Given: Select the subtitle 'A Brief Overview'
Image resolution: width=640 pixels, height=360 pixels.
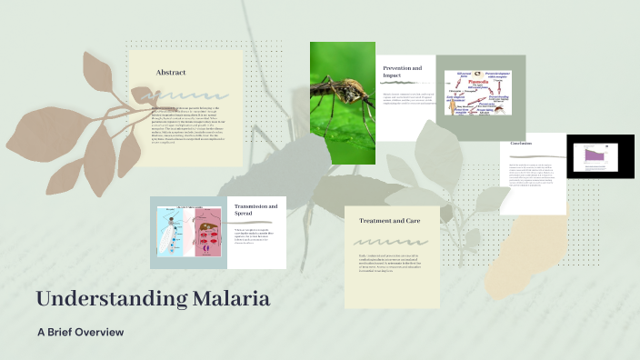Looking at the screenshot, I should tap(80, 332).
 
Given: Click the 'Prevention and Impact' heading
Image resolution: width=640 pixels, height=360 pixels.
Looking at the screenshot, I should tap(403, 73).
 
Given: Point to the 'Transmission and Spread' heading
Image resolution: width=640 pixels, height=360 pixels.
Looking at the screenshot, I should tap(256, 212).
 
